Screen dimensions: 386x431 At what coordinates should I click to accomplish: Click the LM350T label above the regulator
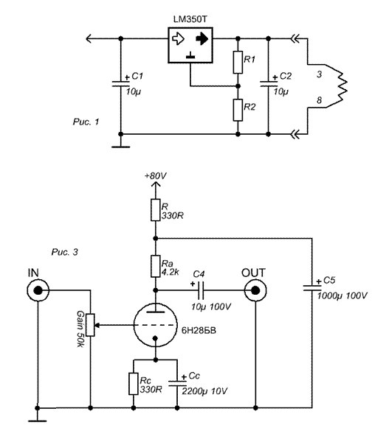[x=190, y=19]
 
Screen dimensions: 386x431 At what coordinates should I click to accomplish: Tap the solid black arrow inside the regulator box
[x=202, y=39]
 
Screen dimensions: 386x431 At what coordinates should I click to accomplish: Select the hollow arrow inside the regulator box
[x=178, y=39]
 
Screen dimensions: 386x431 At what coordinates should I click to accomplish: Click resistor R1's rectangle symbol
[x=238, y=63]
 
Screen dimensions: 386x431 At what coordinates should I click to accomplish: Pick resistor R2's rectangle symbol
[x=238, y=110]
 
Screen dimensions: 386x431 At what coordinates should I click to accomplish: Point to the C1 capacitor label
[x=137, y=76]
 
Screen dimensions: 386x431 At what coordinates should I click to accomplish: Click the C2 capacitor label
[x=286, y=76]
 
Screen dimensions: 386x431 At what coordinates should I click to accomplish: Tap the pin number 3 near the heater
[x=319, y=74]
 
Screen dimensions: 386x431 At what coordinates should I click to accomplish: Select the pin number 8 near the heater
[x=319, y=100]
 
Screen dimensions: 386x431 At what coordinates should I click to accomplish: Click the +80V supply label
[x=156, y=175]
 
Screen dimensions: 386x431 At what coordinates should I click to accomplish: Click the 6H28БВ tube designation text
[x=199, y=330]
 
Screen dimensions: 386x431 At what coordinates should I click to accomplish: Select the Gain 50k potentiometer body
[x=90, y=325]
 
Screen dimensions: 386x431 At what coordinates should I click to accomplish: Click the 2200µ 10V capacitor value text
[x=204, y=391]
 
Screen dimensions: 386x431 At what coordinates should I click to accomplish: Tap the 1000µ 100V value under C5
[x=342, y=295]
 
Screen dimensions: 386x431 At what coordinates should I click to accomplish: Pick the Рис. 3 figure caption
[x=65, y=252]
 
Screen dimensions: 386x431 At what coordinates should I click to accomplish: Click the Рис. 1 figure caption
[x=86, y=122]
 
